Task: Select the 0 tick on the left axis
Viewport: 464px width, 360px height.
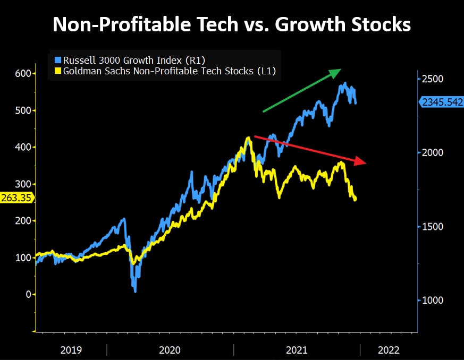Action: tap(21, 294)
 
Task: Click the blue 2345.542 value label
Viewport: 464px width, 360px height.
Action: tap(442, 102)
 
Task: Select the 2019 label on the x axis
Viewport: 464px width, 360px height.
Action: tap(71, 350)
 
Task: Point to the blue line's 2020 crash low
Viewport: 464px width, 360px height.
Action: tap(135, 290)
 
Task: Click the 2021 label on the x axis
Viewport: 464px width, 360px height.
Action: tap(297, 350)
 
